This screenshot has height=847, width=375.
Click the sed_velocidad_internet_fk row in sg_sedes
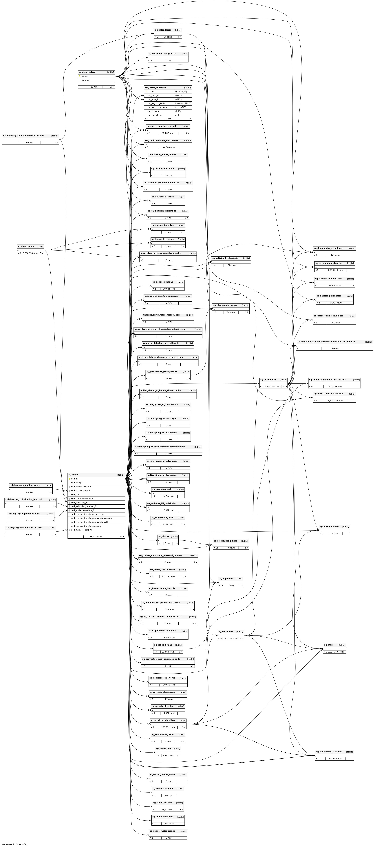coord(84,506)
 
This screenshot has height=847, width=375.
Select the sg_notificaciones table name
coord(329,526)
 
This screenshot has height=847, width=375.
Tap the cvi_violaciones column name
coord(155,115)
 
